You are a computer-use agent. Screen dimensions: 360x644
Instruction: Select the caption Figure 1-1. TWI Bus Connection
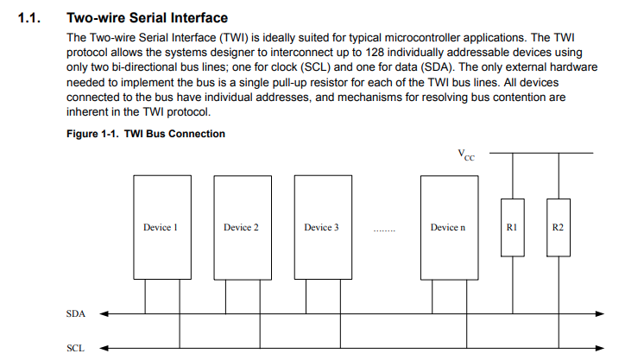pyautogui.click(x=146, y=134)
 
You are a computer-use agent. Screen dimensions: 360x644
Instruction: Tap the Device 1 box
pyautogui.click(x=161, y=227)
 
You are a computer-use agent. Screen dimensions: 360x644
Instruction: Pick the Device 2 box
pyautogui.click(x=241, y=227)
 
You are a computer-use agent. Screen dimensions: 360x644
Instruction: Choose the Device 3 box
pyautogui.click(x=321, y=227)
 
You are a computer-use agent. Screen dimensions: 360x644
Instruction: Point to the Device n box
pyautogui.click(x=447, y=227)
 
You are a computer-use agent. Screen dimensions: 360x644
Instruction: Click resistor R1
pyautogui.click(x=512, y=227)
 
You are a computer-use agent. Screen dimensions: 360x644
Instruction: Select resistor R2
pyautogui.click(x=558, y=227)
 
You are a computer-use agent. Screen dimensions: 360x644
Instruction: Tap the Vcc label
pyautogui.click(x=466, y=155)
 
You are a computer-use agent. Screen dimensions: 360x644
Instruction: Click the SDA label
pyautogui.click(x=76, y=314)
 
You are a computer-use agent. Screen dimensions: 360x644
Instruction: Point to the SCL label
pyautogui.click(x=76, y=349)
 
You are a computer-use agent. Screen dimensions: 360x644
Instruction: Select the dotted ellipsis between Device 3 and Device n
pyautogui.click(x=384, y=230)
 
